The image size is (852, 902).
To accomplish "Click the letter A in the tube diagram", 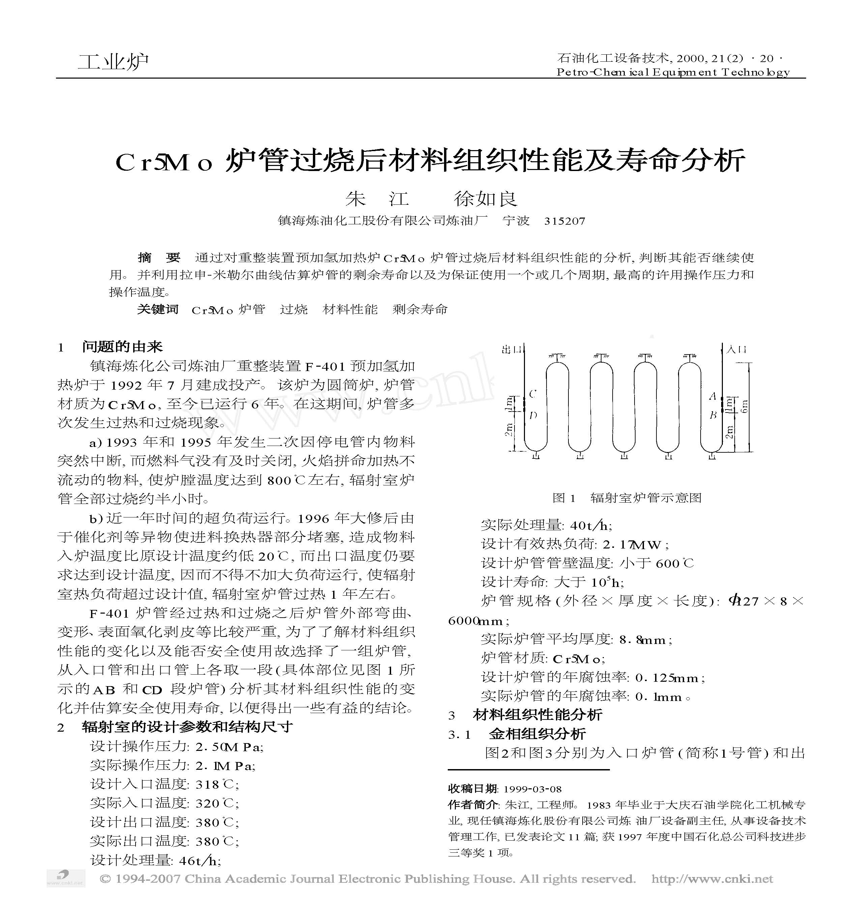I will pos(712,397).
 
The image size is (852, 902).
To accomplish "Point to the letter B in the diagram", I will pos(713,415).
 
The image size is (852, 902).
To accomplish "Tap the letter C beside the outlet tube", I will pos(533,394).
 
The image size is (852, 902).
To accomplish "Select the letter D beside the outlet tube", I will pos(533,415).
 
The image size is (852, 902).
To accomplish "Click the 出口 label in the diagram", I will pos(511,349).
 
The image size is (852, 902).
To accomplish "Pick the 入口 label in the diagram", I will pos(737,349).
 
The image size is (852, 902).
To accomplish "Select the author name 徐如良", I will pos(486,199).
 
